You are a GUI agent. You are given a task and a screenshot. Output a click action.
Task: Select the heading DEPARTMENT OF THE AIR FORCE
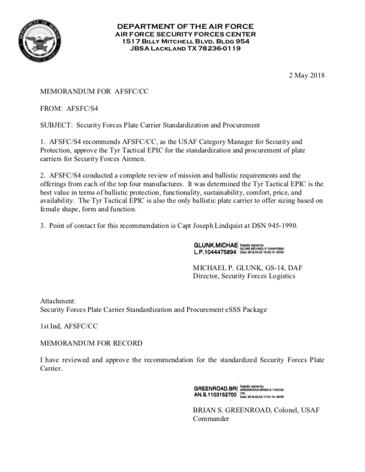(x=185, y=26)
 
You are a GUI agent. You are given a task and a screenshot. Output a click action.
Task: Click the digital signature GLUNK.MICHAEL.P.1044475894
(x=215, y=248)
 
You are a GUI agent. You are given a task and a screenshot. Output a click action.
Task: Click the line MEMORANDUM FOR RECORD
(x=91, y=343)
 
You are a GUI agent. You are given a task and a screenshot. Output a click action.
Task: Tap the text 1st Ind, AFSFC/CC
(x=68, y=326)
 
